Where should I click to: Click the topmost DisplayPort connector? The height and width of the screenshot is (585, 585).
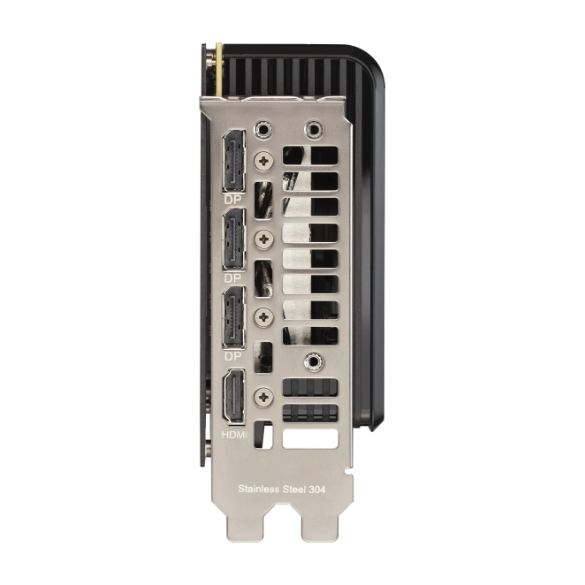coord(234,161)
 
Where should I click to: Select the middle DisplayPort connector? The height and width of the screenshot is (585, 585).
coord(234,239)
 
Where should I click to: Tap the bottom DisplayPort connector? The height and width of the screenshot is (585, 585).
coord(234,317)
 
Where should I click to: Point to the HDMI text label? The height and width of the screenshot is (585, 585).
coord(234,435)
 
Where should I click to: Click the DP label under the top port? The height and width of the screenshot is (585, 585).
coord(232,200)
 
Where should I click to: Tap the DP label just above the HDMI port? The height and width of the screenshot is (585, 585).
coord(232,357)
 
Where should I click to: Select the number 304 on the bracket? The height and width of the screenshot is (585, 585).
coord(317,489)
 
